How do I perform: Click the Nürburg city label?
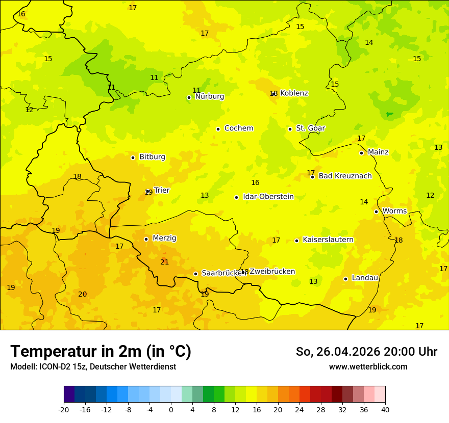(x=209, y=96)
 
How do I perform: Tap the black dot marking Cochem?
(x=218, y=129)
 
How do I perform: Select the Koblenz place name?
(x=294, y=93)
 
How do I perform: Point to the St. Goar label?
(x=310, y=128)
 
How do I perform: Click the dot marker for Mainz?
(x=361, y=153)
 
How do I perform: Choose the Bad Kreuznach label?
(x=345, y=176)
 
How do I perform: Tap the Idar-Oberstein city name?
(x=268, y=196)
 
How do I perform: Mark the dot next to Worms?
(x=376, y=211)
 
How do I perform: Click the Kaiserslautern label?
(x=328, y=240)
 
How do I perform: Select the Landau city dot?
(x=345, y=279)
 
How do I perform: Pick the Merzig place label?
(x=164, y=238)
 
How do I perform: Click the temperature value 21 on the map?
(x=164, y=262)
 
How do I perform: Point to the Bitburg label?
(x=152, y=156)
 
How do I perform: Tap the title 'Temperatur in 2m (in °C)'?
(x=101, y=351)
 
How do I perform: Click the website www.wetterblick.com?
(x=368, y=366)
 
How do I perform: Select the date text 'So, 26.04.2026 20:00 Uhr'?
(x=366, y=352)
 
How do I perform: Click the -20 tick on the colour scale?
(x=64, y=410)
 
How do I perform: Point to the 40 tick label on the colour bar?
(x=385, y=410)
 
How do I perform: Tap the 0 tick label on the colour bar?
(x=171, y=410)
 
